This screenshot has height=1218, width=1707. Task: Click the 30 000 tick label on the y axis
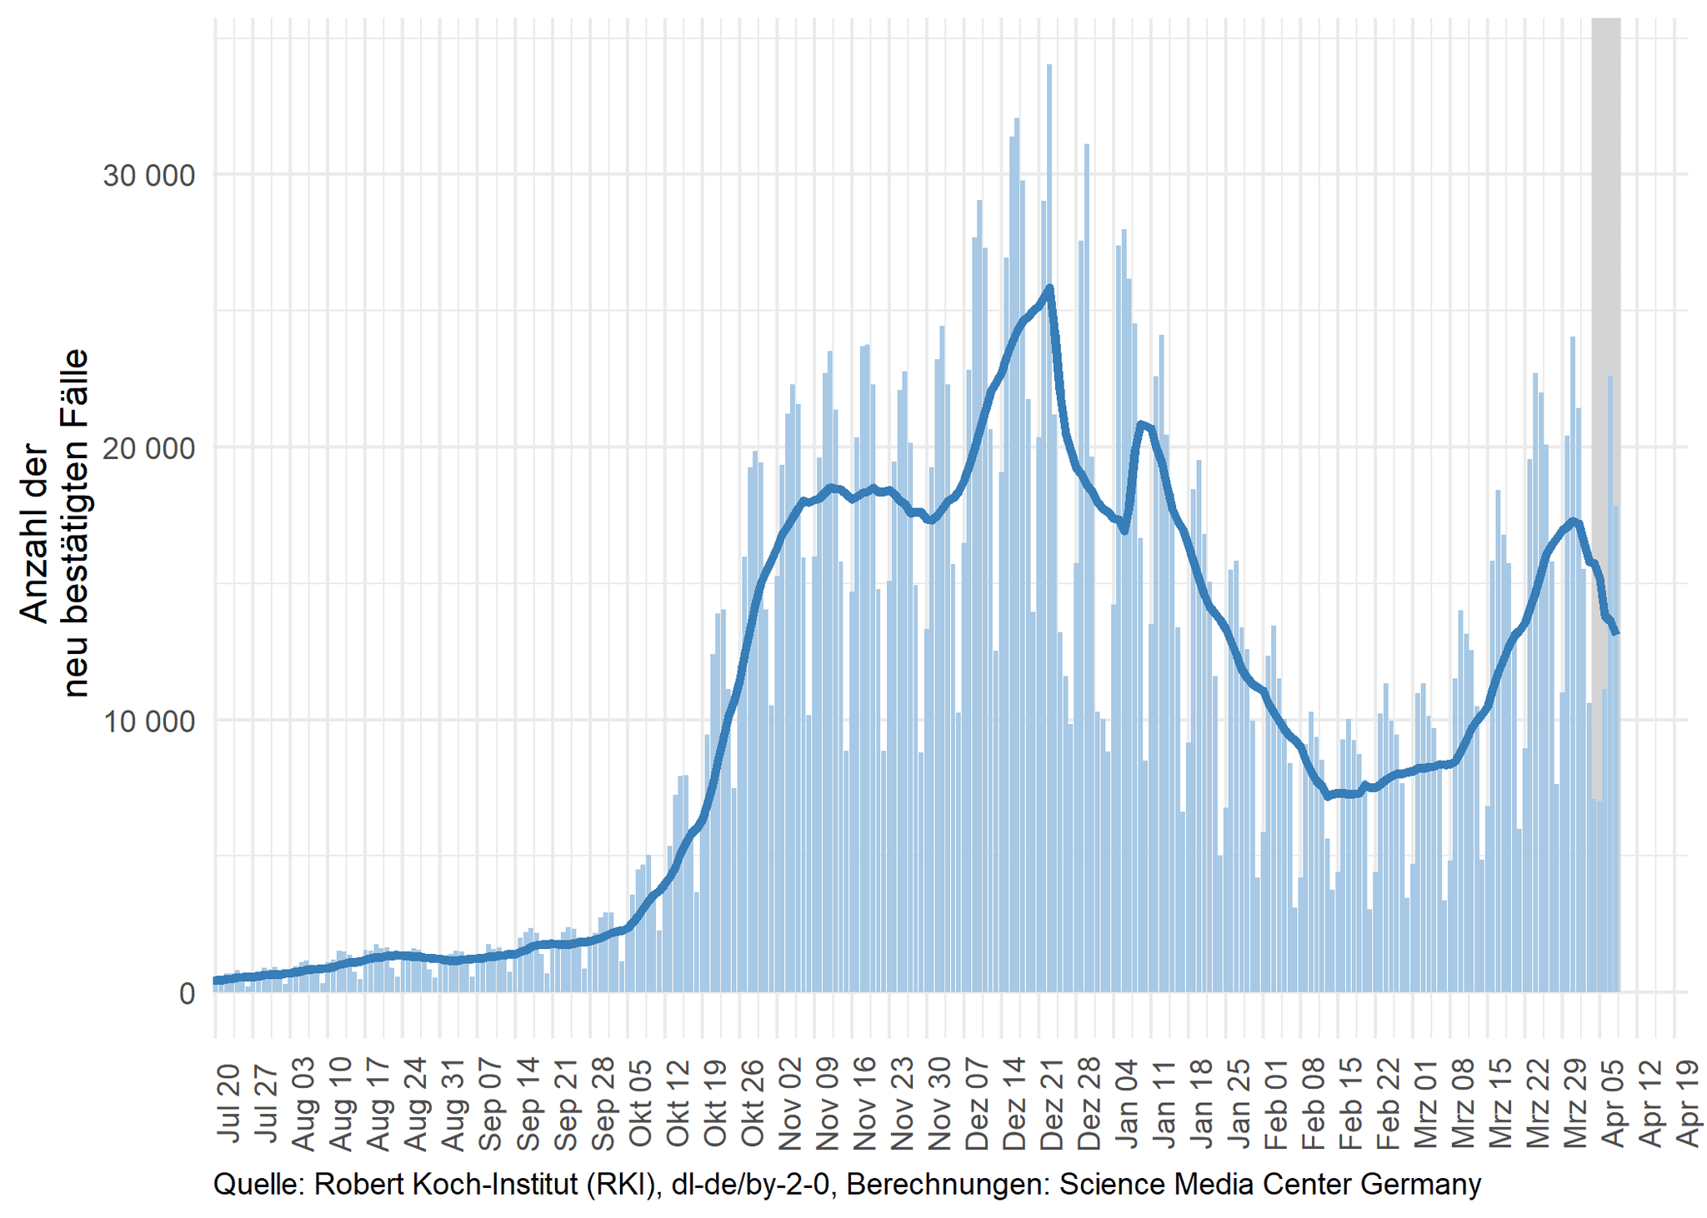[x=148, y=176]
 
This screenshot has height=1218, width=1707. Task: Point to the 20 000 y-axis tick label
[x=148, y=448]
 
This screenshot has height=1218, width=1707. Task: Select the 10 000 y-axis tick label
[x=148, y=721]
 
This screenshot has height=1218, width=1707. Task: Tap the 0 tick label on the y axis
[x=187, y=993]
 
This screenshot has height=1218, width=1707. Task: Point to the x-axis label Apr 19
[x=1689, y=1103]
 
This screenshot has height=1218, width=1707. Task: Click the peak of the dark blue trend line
[x=1049, y=288]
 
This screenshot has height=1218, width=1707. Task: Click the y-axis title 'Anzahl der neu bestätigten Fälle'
[x=54, y=523]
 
